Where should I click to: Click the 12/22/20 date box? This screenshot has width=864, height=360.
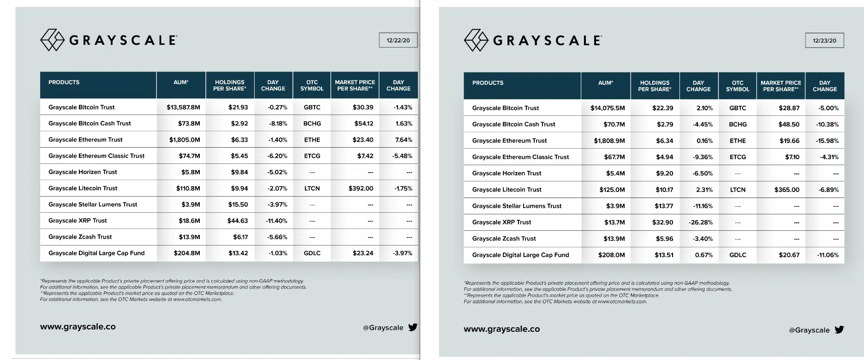tap(398, 40)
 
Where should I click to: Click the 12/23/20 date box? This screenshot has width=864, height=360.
tap(824, 41)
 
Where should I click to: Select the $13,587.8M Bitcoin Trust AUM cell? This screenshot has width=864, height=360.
tap(183, 107)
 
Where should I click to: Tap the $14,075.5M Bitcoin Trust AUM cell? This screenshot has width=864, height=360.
tap(608, 108)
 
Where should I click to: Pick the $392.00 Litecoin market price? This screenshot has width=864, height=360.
tap(361, 188)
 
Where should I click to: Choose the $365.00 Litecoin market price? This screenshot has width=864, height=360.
tap(787, 190)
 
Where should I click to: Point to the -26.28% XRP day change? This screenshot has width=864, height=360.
tap(701, 222)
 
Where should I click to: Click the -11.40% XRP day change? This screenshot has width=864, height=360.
tap(276, 221)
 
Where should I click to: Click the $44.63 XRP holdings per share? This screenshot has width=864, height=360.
tap(238, 221)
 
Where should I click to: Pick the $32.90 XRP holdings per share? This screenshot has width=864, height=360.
tap(662, 222)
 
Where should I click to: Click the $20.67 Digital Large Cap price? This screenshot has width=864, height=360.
tap(789, 255)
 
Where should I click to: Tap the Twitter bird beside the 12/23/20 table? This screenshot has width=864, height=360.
tap(839, 330)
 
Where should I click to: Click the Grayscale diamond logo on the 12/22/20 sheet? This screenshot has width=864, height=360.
tap(52, 40)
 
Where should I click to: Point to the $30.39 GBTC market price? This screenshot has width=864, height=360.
tap(363, 107)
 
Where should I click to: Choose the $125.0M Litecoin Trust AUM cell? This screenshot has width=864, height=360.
tap(612, 190)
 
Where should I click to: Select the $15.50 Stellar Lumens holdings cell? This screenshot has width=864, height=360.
tap(238, 204)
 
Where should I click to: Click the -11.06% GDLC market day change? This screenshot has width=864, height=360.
tap(828, 255)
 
